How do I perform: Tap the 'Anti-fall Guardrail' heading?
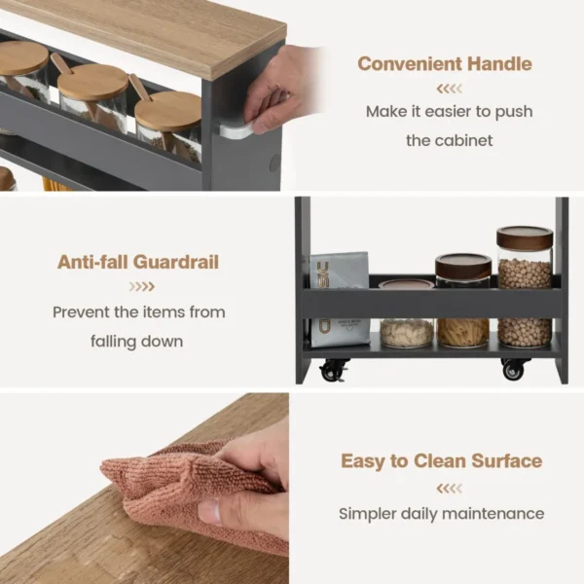[137, 262]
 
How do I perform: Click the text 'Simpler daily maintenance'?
[441, 513]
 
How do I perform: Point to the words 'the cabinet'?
[449, 140]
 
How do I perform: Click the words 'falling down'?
[136, 341]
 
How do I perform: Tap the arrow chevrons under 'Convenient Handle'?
[449, 89]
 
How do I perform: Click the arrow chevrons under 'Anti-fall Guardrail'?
[142, 286]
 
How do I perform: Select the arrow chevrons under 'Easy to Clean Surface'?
[449, 488]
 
